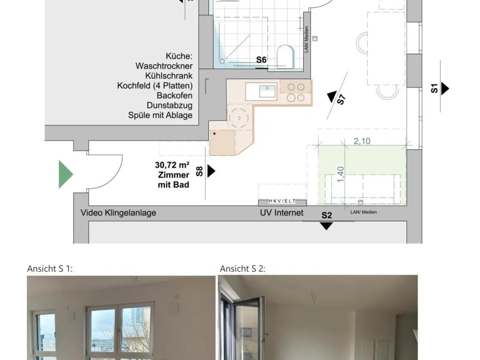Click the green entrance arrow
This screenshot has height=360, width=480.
coord(65,174)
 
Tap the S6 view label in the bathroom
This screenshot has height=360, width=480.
coord(261,60)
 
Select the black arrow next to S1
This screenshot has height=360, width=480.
coord(445,89)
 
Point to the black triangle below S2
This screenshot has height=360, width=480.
coord(326,226)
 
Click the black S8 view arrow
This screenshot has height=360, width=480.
coord(211,171)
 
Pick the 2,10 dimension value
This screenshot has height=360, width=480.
coord(362,141)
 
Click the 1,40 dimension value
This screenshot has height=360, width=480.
coord(340,174)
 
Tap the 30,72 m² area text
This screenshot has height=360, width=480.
coord(172,165)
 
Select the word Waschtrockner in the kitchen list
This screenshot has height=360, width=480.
coord(164,66)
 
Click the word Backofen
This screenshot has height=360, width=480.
coord(175,96)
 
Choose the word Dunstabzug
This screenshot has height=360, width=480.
coord(169,105)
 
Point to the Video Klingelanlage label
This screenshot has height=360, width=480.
coord(119,213)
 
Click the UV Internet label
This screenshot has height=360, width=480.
coord(282,213)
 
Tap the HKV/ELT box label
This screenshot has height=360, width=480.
coord(282,201)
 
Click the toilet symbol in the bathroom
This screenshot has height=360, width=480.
coord(285,56)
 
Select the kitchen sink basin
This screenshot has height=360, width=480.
coord(267,91)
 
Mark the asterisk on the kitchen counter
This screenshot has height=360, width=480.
coord(214,134)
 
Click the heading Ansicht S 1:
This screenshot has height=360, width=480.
coord(50,268)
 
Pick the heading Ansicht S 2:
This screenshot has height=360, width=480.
coord(242,268)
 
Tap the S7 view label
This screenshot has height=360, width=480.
coord(342,100)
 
